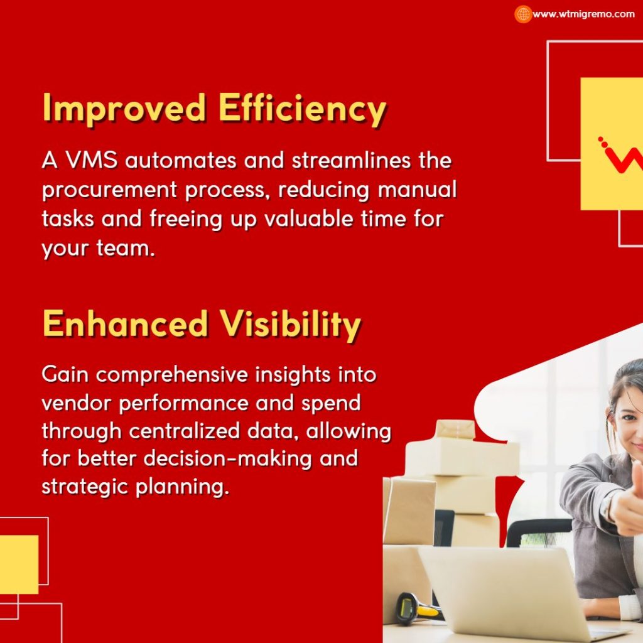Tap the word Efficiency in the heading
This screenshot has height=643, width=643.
point(302,109)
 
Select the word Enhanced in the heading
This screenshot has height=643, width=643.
point(125,323)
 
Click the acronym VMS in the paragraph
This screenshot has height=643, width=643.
point(92,160)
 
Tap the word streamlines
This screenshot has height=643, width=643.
point(351,160)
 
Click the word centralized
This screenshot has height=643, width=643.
point(184,431)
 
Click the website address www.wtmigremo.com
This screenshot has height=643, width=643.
point(583,14)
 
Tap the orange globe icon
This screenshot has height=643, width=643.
point(523,14)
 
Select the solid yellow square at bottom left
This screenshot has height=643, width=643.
point(19,565)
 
